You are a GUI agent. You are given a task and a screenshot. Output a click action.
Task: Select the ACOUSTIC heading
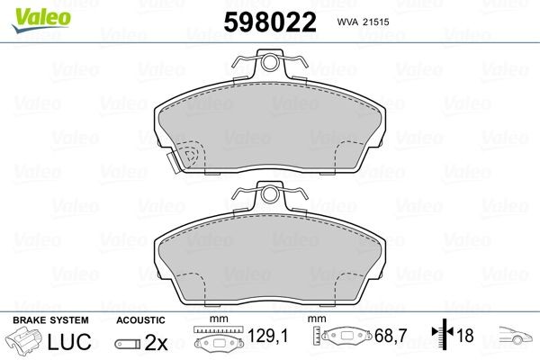[140, 320]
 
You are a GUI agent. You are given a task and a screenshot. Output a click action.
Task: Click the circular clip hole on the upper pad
[269, 63]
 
